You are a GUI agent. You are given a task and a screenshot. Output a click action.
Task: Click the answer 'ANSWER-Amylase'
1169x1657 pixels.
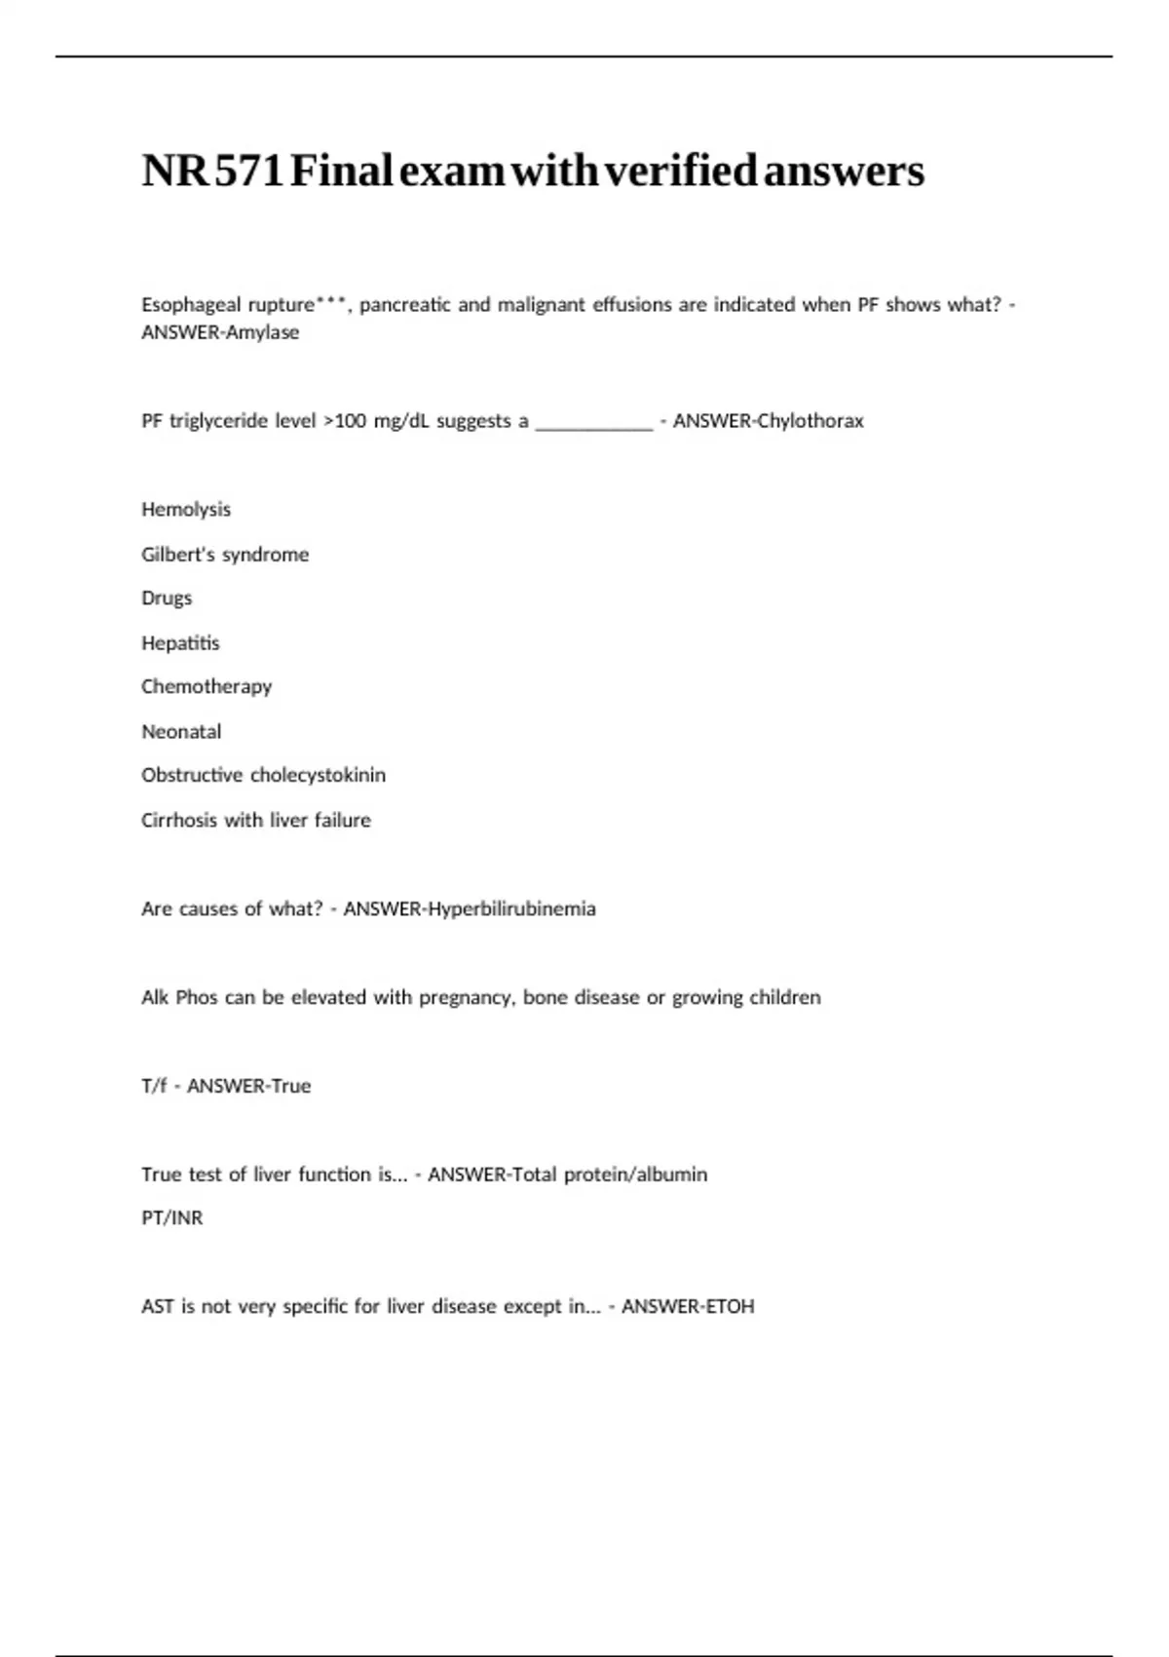coord(220,332)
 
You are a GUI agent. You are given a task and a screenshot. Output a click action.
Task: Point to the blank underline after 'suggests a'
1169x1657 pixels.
coord(594,422)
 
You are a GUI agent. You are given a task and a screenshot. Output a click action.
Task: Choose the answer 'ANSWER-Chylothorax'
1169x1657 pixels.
coord(768,421)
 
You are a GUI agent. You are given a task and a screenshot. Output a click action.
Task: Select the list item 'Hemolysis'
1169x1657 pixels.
coord(186,510)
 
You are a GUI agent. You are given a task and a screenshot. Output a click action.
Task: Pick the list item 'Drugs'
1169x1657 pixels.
coord(167,598)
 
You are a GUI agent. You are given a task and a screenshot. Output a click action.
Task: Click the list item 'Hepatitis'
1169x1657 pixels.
coord(180,643)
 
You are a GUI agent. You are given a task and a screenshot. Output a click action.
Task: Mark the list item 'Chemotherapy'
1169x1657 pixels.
coord(207,687)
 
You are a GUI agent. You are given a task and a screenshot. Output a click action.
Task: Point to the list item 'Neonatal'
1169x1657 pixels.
coord(181,732)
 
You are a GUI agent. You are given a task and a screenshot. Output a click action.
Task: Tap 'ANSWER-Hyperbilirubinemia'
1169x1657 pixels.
coord(470,909)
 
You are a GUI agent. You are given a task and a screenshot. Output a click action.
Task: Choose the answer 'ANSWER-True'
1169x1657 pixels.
coord(248,1086)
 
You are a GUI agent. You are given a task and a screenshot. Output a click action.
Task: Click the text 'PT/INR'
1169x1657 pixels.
coord(172,1218)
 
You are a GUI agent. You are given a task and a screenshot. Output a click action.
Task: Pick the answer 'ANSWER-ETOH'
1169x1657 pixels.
coord(688,1306)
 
